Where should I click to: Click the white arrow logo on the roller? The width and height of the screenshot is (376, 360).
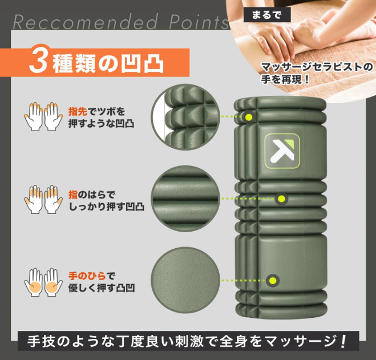point(282,151)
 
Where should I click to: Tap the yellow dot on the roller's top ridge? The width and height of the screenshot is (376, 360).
point(249,118)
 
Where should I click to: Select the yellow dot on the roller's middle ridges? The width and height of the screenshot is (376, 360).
point(282,199)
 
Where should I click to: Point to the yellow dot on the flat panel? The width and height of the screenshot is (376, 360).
point(273,280)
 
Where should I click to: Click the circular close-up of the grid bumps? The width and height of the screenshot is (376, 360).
point(185,117)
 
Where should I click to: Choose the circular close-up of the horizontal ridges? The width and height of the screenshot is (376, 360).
point(185,199)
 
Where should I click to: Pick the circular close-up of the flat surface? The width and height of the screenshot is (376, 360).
point(185,280)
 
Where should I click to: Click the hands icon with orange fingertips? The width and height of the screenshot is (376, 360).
point(43,116)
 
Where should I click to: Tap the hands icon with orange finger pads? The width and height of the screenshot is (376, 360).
point(43,199)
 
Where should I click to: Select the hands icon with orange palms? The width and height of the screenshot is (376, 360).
point(43,282)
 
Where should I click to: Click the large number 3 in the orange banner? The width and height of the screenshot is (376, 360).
point(38,61)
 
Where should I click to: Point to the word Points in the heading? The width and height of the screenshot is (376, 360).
point(199,22)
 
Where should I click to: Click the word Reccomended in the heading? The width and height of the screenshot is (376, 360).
point(85,22)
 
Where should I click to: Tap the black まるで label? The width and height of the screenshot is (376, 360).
point(267,15)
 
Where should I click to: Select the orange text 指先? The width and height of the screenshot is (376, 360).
point(78,111)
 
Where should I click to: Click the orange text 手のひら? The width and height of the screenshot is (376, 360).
point(87,276)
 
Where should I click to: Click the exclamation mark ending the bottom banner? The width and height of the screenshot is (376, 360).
point(343,341)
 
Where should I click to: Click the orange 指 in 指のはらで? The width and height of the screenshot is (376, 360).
point(73,195)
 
